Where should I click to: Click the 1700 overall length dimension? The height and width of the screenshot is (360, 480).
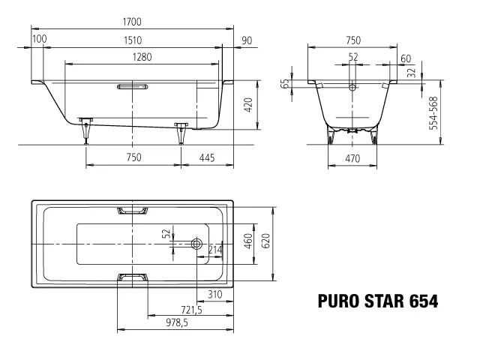(132, 21)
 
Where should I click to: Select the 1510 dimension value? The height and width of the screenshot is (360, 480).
(132, 40)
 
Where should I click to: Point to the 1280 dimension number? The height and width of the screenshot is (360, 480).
(132, 57)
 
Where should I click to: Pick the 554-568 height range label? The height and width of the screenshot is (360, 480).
(433, 113)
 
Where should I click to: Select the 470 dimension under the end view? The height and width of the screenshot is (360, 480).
(352, 157)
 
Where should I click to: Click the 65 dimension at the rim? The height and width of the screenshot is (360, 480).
(286, 83)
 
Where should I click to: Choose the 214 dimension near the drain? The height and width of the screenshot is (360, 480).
(215, 250)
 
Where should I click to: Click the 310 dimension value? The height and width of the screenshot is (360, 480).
(217, 294)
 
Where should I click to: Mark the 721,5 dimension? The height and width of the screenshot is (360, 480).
(190, 310)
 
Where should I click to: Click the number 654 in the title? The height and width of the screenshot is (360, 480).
(423, 301)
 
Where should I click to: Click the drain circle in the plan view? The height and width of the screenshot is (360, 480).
(196, 244)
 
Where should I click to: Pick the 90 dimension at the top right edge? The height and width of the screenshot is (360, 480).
(247, 40)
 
